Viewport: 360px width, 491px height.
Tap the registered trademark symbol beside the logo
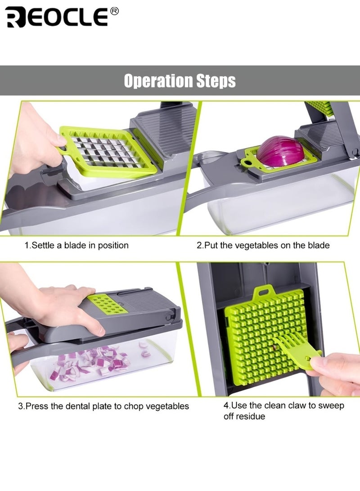(114, 11)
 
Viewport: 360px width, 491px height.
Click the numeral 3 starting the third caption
(20, 406)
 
